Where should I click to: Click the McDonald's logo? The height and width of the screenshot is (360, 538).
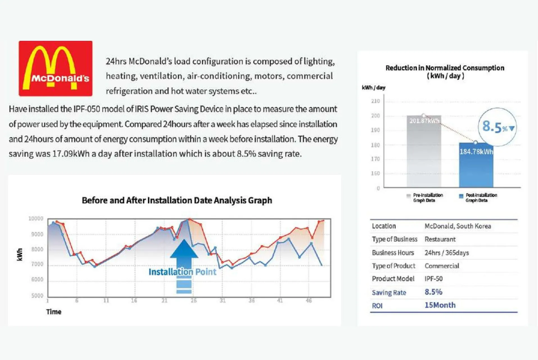(55, 68)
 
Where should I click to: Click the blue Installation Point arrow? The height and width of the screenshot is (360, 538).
(184, 266)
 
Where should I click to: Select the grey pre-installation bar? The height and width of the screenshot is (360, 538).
(424, 151)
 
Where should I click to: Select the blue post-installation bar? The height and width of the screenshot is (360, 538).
(476, 165)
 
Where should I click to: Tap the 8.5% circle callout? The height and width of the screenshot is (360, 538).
(497, 127)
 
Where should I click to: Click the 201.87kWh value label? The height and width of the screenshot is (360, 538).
(424, 121)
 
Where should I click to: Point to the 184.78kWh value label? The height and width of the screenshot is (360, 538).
(476, 152)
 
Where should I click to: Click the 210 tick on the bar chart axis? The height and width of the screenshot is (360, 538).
(375, 101)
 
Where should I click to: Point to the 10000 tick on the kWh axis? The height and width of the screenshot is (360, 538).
(36, 219)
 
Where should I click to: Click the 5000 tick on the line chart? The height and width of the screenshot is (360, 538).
(37, 296)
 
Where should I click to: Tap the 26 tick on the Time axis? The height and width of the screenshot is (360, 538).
(194, 301)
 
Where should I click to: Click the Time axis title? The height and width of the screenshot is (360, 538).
(54, 312)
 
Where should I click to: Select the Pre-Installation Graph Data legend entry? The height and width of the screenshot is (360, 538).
(425, 197)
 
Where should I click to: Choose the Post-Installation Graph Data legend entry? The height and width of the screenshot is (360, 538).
(478, 197)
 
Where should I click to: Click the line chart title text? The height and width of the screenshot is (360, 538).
(177, 200)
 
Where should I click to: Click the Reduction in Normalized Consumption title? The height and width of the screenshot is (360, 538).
(445, 72)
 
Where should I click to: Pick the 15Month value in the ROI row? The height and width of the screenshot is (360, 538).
(440, 305)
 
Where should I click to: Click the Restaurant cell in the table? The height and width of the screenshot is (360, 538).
(440, 239)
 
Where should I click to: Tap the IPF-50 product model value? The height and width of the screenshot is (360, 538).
(433, 279)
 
